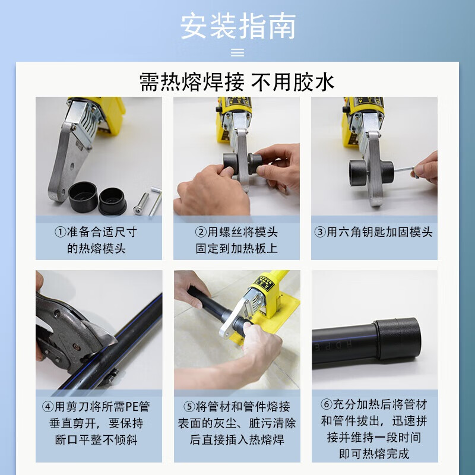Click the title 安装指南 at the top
237,26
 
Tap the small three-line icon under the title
237,53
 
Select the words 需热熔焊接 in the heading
191,82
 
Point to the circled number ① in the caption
60,232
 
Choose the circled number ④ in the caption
48,407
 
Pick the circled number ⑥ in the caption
327,405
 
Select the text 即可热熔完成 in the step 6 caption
374,455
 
